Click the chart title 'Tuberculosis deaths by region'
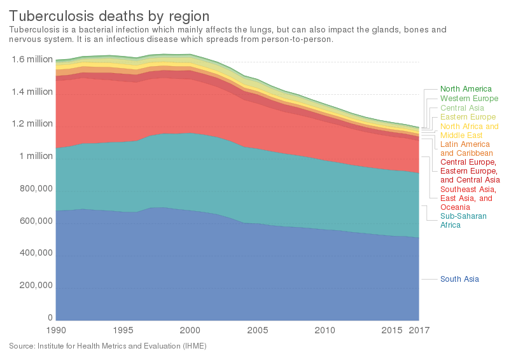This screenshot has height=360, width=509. [109, 15]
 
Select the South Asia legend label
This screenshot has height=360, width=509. [459, 279]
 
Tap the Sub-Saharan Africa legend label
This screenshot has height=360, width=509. [463, 221]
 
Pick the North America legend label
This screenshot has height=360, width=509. [466, 89]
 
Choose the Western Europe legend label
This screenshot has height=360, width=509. [469, 99]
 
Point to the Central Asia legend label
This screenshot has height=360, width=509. [463, 108]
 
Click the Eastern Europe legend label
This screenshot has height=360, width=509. [468, 118]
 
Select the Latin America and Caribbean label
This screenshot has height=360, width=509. [466, 149]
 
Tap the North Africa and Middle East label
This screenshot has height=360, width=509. [469, 131]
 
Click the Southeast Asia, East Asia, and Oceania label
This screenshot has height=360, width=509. [467, 198]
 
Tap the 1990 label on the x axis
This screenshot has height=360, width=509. [57, 330]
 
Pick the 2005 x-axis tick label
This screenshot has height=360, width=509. [258, 330]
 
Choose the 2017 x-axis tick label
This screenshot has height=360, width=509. [418, 330]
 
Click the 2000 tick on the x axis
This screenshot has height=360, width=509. [191, 330]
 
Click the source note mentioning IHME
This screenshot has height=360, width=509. [108, 346]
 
